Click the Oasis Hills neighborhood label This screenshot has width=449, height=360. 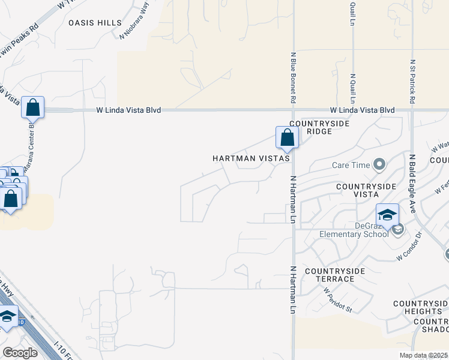(95, 23)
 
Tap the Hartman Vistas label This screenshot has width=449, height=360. (252, 159)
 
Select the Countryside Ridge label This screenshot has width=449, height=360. (310, 127)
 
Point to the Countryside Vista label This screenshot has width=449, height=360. (366, 190)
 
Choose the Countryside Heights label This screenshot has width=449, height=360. (420, 307)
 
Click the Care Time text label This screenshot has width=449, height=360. (351, 164)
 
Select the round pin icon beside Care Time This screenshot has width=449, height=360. (379, 164)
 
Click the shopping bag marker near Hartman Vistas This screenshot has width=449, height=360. (287, 137)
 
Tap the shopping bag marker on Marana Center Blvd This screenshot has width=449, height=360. (33, 108)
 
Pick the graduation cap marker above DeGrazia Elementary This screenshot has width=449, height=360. (387, 215)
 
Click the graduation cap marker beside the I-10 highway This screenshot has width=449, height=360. (8, 316)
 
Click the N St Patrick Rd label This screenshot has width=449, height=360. (412, 82)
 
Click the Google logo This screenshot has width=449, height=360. (20, 353)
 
